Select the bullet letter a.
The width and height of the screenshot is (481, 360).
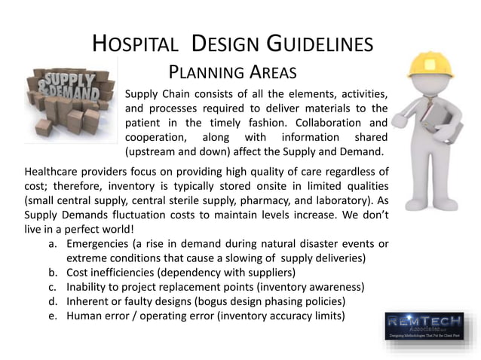[51, 245]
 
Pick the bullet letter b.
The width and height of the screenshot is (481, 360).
[51, 273]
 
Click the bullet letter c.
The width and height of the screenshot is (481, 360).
[51, 287]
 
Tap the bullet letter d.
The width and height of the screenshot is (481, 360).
[51, 301]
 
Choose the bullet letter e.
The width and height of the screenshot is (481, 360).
[51, 316]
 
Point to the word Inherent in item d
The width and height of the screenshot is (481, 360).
[89, 301]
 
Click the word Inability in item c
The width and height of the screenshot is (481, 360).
[89, 287]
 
